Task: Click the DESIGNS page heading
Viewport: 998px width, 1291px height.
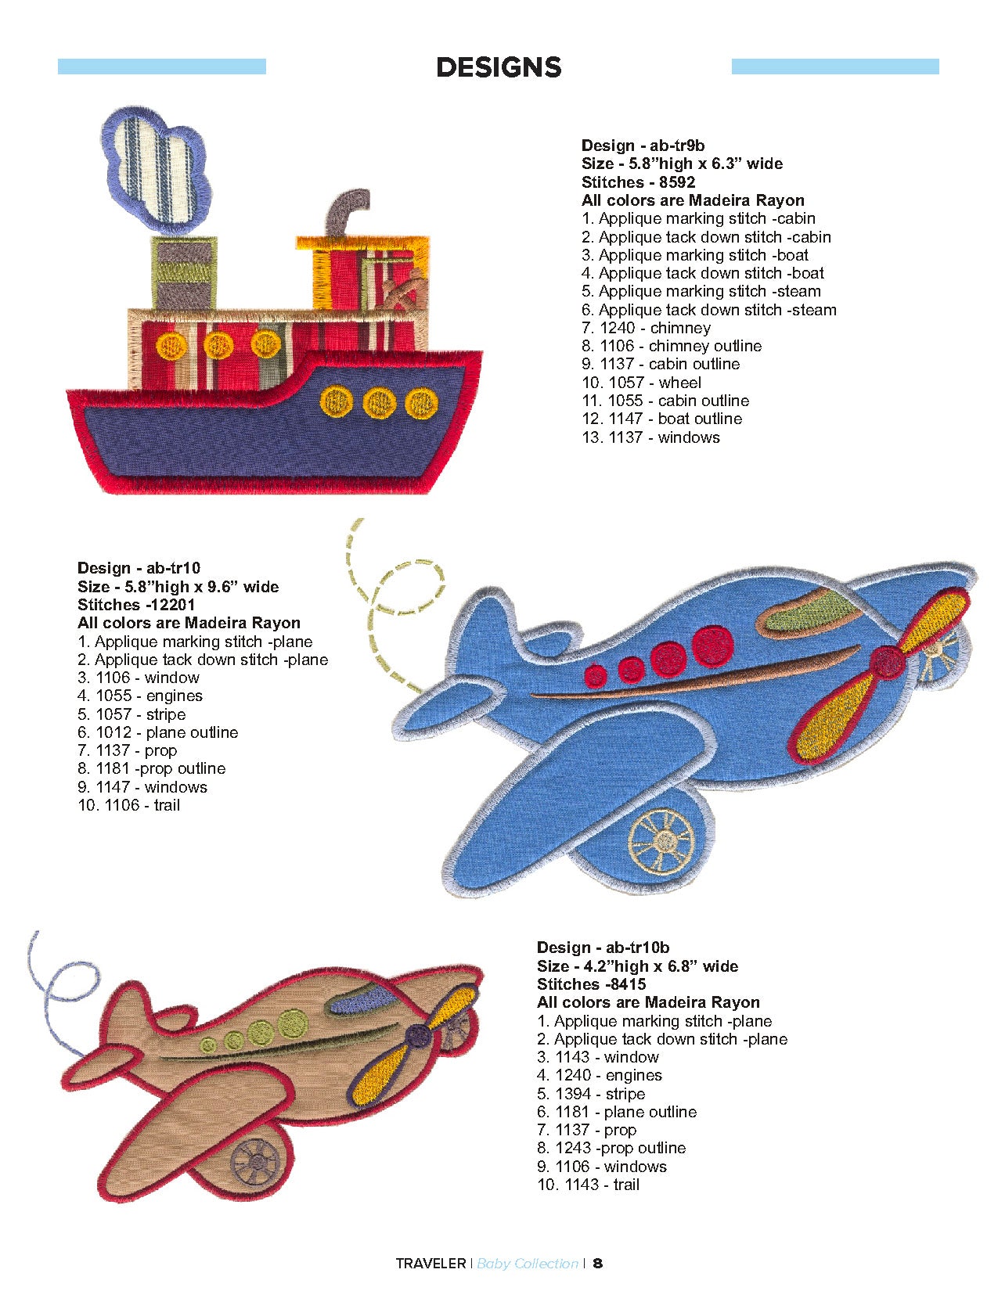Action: click(x=499, y=67)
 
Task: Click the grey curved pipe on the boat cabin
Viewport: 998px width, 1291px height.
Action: click(x=344, y=212)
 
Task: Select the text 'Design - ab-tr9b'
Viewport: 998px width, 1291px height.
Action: click(x=643, y=146)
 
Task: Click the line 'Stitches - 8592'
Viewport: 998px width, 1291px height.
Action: click(x=638, y=182)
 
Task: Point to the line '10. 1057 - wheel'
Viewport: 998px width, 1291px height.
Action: click(x=641, y=383)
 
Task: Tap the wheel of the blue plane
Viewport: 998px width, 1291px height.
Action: click(x=661, y=842)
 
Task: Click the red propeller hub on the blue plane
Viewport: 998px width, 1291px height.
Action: click(x=887, y=661)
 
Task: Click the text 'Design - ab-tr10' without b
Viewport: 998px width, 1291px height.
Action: click(x=139, y=568)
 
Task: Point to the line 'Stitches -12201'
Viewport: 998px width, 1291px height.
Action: click(x=136, y=605)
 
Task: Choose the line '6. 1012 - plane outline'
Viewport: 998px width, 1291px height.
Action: click(x=157, y=732)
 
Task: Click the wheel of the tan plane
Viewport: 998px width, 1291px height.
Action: click(x=256, y=1160)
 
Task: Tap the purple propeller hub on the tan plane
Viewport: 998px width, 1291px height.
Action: click(x=417, y=1036)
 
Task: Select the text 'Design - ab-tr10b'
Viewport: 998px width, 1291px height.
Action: click(x=603, y=948)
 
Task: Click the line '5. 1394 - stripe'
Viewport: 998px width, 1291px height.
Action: click(x=591, y=1094)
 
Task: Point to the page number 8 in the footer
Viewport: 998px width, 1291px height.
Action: click(x=597, y=1263)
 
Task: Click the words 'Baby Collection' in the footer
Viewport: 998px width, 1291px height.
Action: click(x=527, y=1263)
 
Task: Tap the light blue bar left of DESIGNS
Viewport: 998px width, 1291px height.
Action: click(x=162, y=67)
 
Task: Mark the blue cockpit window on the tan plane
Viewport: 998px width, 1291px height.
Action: click(x=364, y=1000)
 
